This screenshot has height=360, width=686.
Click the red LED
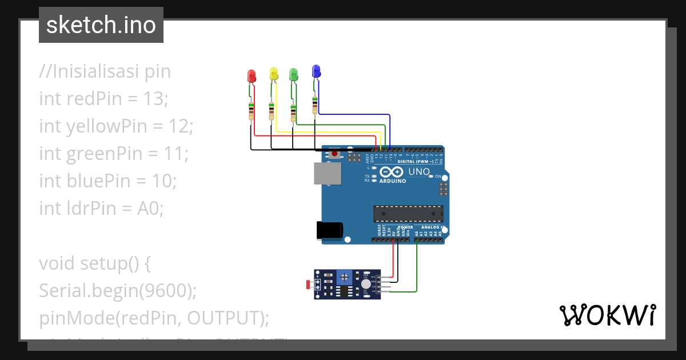(251, 76)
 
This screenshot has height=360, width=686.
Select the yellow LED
(273, 74)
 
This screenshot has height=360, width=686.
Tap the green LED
(293, 74)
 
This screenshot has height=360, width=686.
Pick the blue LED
(316, 71)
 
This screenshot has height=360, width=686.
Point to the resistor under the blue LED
(314, 105)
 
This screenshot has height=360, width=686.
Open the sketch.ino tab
(101, 25)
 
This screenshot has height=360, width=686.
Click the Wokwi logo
(607, 315)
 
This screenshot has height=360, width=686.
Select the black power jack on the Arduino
(330, 230)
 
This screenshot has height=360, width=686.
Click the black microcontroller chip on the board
(408, 213)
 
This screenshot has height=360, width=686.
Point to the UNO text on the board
(419, 171)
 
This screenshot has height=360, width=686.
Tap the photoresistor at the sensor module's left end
(309, 284)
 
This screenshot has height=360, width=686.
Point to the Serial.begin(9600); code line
(118, 291)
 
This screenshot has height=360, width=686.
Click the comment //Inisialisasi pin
(105, 71)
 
